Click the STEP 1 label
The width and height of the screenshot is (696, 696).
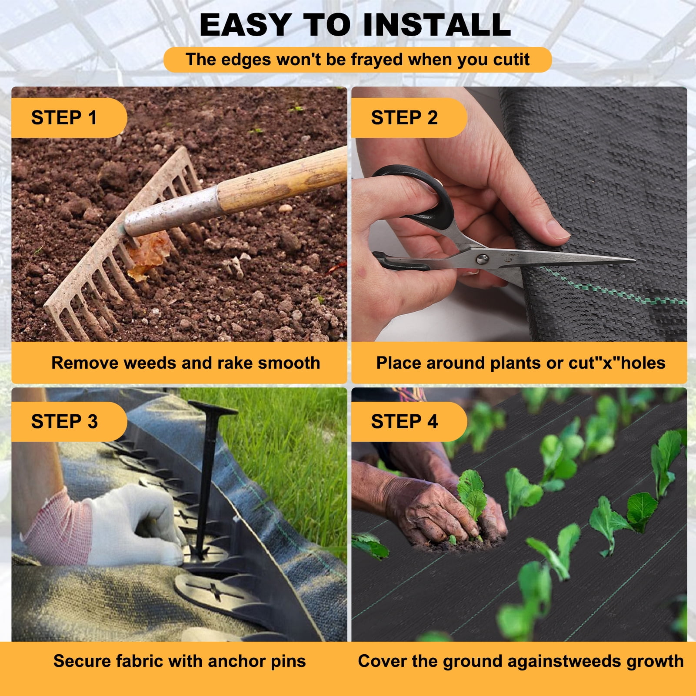(x=64, y=118)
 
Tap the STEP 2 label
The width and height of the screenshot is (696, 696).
(x=404, y=118)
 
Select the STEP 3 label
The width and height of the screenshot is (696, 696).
(x=64, y=422)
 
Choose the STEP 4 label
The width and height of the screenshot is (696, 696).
(x=404, y=422)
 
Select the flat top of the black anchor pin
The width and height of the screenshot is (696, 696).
(x=213, y=407)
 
